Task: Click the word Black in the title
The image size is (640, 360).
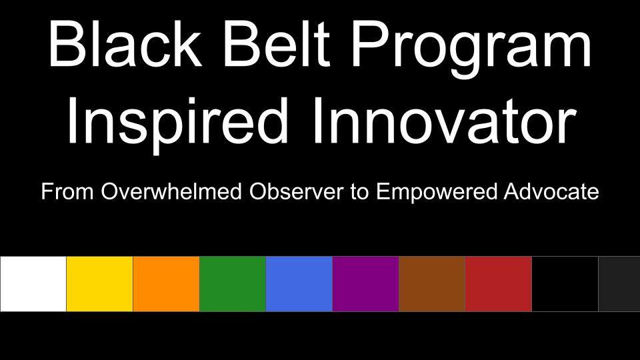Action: (x=125, y=43)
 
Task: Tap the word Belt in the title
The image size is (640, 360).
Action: (x=276, y=43)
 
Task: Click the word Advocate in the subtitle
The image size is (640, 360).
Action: (x=551, y=191)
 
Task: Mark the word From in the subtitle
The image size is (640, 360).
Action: (x=67, y=191)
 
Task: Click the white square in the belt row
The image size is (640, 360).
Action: (x=33, y=284)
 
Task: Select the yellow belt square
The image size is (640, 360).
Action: (x=99, y=284)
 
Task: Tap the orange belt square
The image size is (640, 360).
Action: (x=166, y=284)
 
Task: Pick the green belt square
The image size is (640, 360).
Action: (x=233, y=284)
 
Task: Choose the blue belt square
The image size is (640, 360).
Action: (x=299, y=284)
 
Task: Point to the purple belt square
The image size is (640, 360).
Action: (x=366, y=284)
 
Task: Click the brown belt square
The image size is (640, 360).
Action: (x=432, y=284)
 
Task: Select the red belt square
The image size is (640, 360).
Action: (x=499, y=284)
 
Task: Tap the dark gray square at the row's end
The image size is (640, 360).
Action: (x=619, y=284)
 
